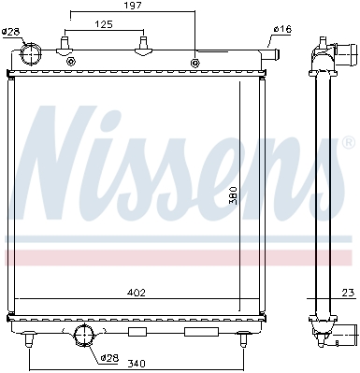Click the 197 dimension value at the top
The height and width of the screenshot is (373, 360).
(133, 6)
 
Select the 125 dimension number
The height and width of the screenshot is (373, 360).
(104, 24)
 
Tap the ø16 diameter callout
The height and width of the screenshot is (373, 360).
(282, 29)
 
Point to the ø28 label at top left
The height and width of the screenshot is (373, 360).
(11, 32)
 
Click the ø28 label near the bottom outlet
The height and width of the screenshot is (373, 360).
(110, 358)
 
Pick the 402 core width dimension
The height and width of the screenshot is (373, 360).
(137, 293)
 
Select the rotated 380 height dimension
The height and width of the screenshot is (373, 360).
(235, 195)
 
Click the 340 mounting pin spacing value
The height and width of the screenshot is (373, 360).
(137, 364)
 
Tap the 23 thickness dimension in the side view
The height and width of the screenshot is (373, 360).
(348, 293)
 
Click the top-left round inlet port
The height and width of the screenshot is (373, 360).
(30, 54)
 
